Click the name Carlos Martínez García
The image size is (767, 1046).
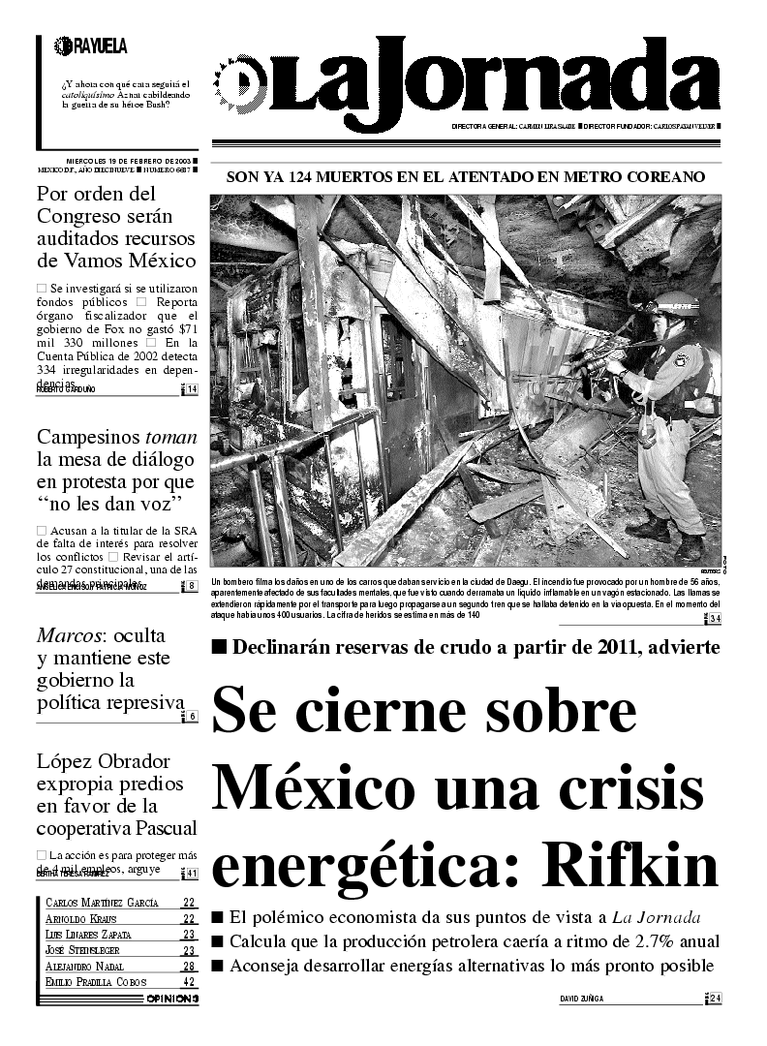(102, 903)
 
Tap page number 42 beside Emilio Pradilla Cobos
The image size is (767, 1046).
(189, 981)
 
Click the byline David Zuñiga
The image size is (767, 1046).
(587, 999)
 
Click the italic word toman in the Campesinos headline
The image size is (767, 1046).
(170, 436)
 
